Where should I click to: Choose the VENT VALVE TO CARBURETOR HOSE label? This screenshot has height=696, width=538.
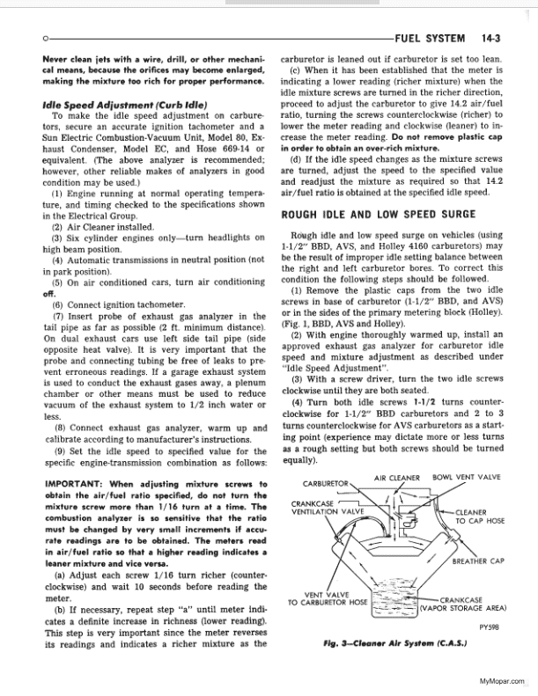[x=328, y=597]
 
